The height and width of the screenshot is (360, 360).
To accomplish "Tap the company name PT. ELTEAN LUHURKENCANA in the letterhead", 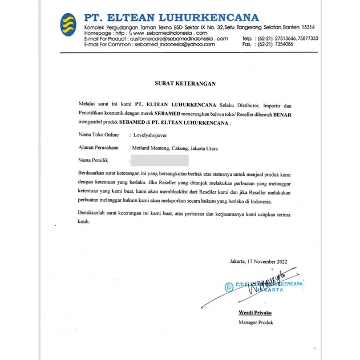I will [x=171, y=17].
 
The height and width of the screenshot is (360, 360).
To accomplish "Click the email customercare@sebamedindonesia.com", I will [x=178, y=38].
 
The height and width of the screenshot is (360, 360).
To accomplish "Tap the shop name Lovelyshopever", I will [x=153, y=136].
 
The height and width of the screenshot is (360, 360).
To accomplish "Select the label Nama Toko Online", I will [x=98, y=136].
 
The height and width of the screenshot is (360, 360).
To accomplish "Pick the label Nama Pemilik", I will [x=93, y=160].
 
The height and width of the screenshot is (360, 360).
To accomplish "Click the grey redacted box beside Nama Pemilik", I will [x=159, y=160].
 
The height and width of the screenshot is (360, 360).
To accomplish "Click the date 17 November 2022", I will [x=268, y=262].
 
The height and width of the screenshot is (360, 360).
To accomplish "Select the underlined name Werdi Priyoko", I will [x=256, y=313].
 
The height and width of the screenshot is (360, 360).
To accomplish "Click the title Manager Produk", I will [x=256, y=323].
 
